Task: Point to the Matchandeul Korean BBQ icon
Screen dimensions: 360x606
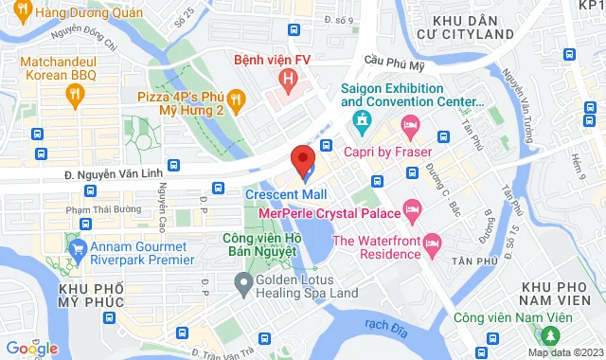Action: pyautogui.click(x=75, y=93)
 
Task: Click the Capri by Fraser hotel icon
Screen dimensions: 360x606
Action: pyautogui.click(x=410, y=125)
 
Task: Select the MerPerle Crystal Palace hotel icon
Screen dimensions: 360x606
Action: pyautogui.click(x=412, y=207)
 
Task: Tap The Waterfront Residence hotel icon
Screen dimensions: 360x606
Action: pyautogui.click(x=431, y=243)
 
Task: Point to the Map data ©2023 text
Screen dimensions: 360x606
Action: pyautogui.click(x=564, y=353)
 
